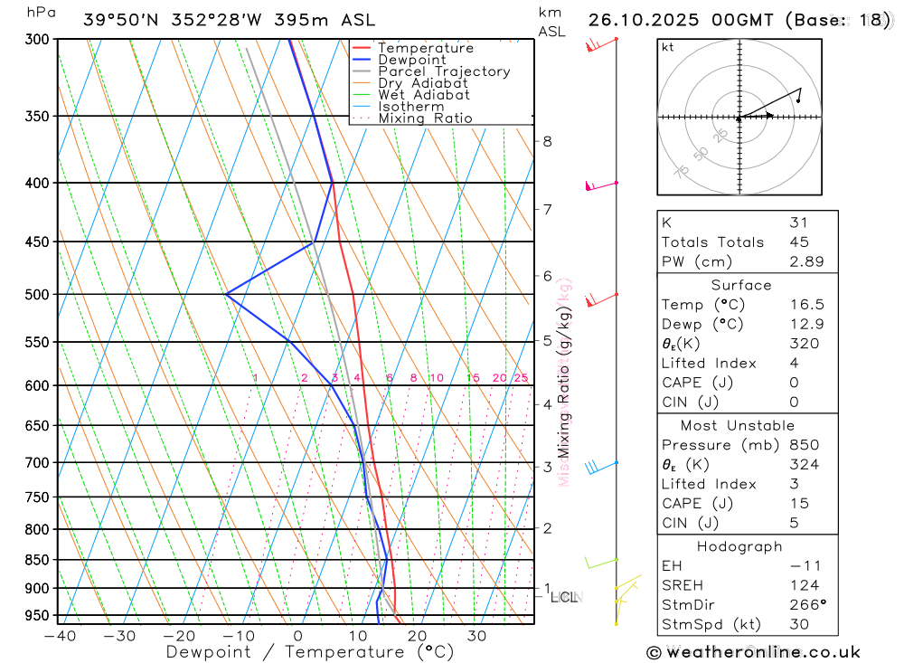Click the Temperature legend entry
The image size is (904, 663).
click(425, 48)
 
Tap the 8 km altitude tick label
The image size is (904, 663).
click(547, 141)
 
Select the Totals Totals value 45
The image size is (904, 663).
click(798, 242)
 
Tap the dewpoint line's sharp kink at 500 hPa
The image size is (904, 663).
click(226, 294)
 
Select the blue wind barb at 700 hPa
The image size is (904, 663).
click(595, 467)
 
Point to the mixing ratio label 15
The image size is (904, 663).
click(473, 378)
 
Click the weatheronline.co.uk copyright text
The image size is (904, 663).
click(753, 652)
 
